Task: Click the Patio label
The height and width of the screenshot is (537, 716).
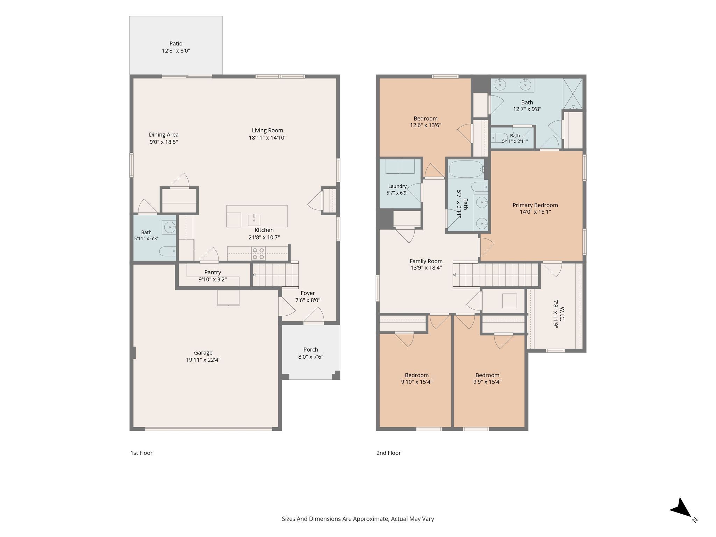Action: [x=176, y=44]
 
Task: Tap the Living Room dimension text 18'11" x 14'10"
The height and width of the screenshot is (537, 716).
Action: [x=267, y=138]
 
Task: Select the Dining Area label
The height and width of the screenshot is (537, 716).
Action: [x=164, y=135]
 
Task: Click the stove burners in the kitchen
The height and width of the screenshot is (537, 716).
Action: [x=258, y=253]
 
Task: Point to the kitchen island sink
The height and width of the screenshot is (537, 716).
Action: [x=254, y=220]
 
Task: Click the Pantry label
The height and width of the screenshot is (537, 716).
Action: [x=213, y=272]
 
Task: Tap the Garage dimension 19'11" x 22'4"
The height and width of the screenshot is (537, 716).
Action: [x=203, y=360]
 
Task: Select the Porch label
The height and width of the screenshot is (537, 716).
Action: [x=311, y=350]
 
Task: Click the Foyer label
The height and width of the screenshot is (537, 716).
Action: [x=308, y=293]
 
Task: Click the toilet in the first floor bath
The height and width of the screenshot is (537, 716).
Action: [x=168, y=251]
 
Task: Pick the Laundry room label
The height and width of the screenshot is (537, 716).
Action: [x=397, y=186]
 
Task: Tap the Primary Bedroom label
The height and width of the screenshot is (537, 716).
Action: [x=535, y=205]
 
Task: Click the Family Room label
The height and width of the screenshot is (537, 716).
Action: [x=426, y=261]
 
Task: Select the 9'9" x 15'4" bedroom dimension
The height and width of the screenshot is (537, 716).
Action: [x=487, y=382]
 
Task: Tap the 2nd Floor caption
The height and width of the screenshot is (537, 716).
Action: [x=388, y=453]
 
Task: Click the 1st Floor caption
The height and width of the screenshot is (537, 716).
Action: [x=142, y=453]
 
